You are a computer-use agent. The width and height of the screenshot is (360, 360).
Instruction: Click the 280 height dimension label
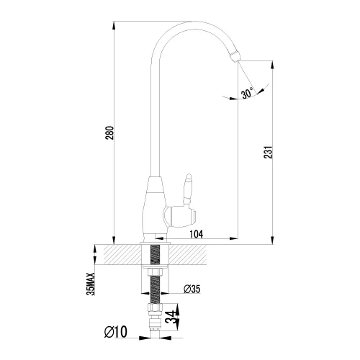click(109, 133)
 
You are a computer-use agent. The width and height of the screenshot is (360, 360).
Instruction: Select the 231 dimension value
click(269, 152)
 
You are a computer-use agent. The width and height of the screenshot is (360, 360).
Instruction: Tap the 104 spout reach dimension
click(197, 234)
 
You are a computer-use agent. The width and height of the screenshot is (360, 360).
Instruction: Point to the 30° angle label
click(248, 93)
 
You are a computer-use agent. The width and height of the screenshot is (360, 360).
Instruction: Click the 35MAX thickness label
click(91, 284)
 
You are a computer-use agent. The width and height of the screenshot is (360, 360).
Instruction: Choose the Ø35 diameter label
click(192, 289)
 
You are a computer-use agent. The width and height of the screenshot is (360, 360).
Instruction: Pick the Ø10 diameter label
click(116, 332)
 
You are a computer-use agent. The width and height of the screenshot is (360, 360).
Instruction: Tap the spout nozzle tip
click(235, 57)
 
